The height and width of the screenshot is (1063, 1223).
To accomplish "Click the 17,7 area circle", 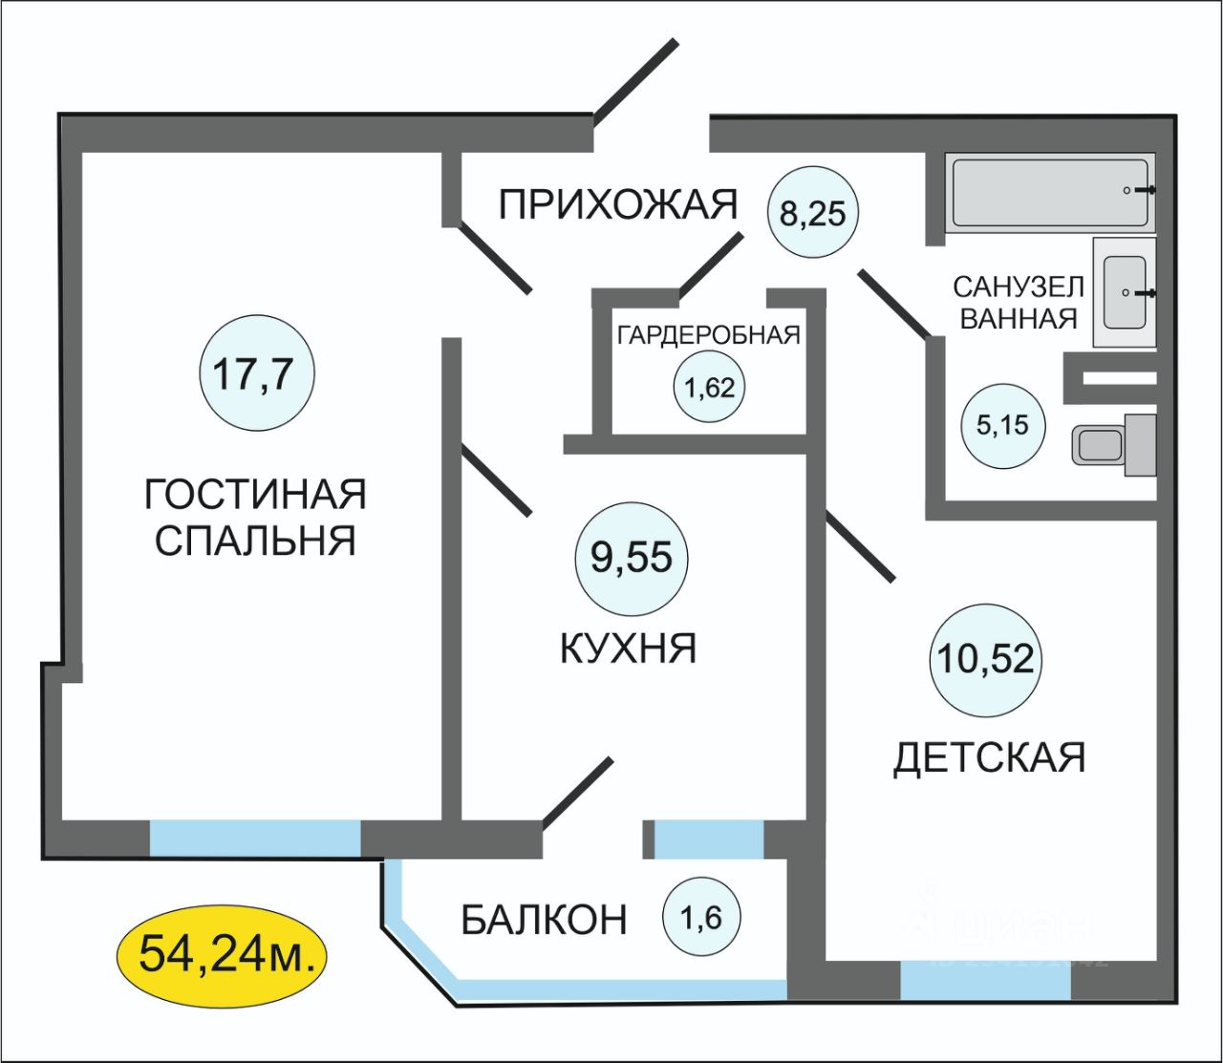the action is tap(256, 373).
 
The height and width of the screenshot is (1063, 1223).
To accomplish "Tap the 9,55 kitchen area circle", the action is tap(632, 557).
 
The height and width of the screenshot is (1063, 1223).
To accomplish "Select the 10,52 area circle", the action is tap(985, 660).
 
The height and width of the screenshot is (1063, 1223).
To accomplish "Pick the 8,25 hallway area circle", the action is tap(813, 212).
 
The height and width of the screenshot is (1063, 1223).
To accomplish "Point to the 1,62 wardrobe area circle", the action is tap(709, 388).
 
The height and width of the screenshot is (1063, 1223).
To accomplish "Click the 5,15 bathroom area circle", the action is tap(1002, 426).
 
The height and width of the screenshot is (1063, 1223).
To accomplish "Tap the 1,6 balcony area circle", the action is tap(701, 919).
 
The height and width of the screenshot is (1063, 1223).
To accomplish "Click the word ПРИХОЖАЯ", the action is tap(619, 204).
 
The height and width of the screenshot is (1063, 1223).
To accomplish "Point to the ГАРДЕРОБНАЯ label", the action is tap(708, 335).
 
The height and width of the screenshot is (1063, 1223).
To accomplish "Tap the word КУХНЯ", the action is tap(628, 649).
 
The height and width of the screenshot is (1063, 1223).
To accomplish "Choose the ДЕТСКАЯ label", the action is tap(990, 758).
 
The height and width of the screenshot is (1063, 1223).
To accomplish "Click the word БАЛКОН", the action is tap(544, 920).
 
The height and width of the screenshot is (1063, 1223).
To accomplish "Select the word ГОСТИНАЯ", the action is tap(255, 495).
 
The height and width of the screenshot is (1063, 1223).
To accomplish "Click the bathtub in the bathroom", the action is tap(1050, 192).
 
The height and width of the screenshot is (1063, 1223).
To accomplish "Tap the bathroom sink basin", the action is tap(1125, 291).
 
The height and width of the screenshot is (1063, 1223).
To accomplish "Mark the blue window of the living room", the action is tap(255, 838).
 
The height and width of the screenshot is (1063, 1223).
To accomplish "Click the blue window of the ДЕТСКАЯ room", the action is tap(985, 980).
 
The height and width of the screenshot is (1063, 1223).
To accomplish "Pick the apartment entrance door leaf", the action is tap(635, 82).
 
